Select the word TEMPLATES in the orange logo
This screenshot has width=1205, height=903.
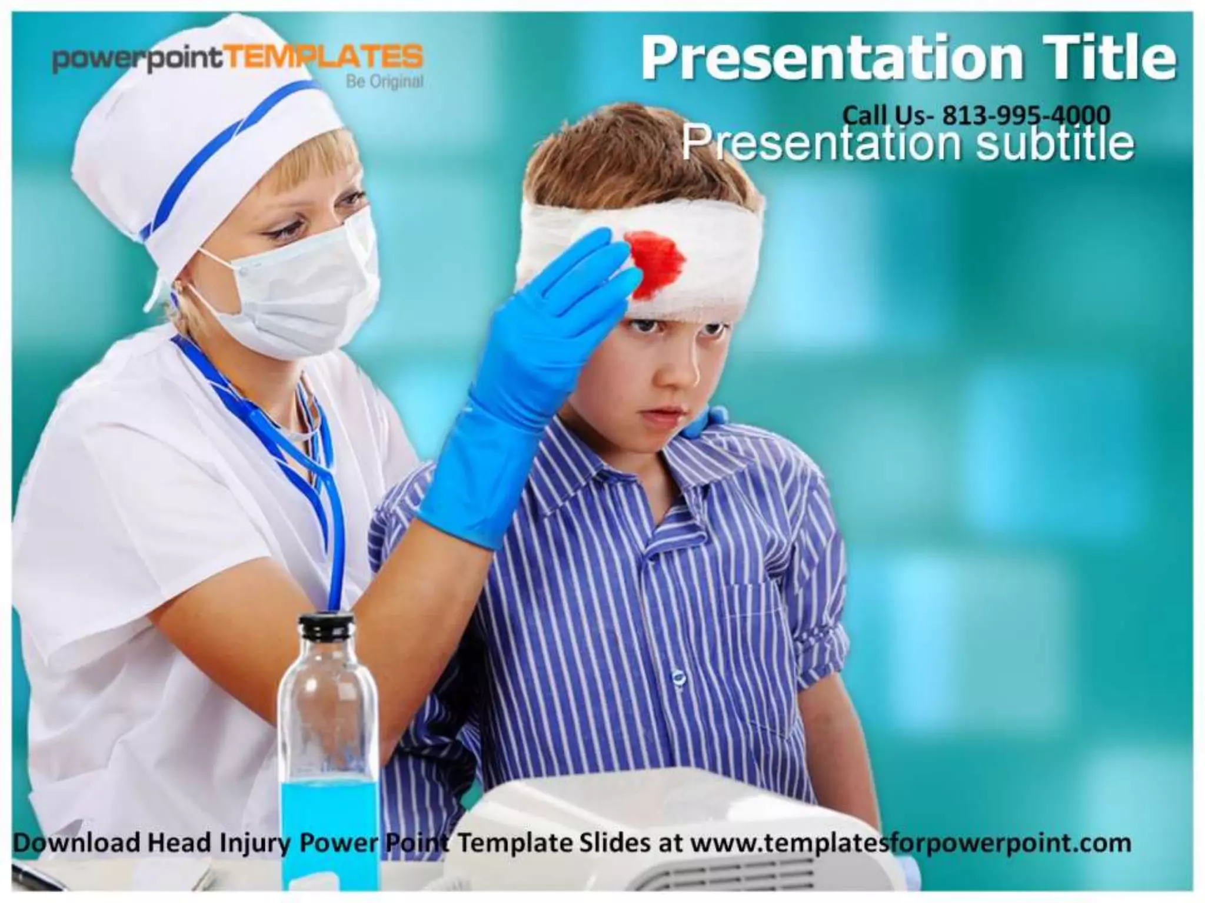tap(323, 58)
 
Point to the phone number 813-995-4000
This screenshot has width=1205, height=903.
tap(1026, 115)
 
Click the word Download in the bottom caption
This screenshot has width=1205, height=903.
tap(76, 843)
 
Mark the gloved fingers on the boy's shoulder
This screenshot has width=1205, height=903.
tap(706, 420)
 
